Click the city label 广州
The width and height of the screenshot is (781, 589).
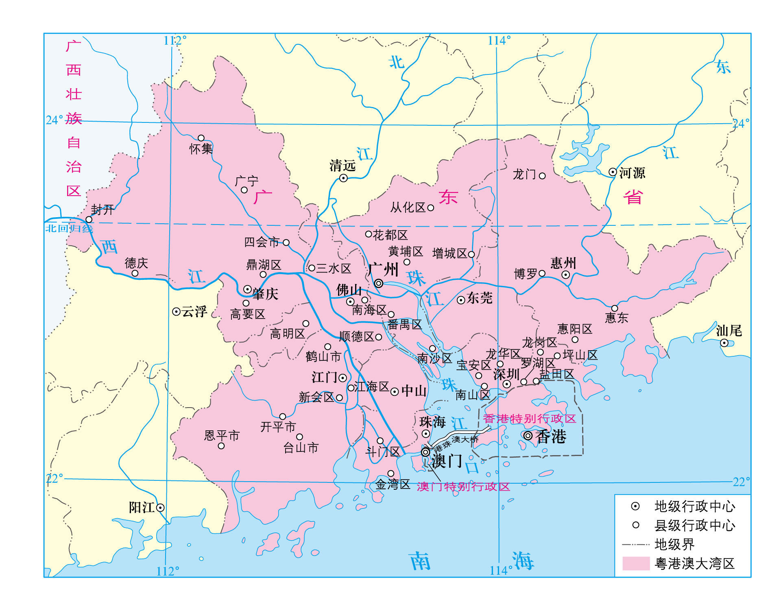coord(384,269)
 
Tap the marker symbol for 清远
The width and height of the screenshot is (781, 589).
coord(343,178)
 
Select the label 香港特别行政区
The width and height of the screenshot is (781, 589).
coord(529,419)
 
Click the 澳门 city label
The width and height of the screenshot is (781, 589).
coord(447,461)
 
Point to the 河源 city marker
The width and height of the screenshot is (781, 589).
coord(613,172)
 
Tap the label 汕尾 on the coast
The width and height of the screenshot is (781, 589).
coord(729,331)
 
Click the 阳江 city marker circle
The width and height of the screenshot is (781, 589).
coord(160,508)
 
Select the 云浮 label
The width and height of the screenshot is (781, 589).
coord(194,312)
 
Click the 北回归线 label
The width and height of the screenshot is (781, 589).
coord(68,228)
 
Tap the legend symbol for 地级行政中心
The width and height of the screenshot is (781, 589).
coord(635,506)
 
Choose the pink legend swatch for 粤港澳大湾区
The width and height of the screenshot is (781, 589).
coord(636,564)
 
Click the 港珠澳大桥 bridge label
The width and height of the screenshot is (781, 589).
coord(456,443)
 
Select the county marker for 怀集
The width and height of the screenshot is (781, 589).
coord(201,138)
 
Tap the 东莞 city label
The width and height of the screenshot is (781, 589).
coord(480,298)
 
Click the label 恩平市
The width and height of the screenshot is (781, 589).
coord(222,436)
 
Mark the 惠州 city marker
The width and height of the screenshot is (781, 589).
coord(565,275)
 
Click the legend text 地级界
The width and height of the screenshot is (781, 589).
coord(674,544)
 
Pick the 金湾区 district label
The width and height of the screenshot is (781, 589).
coord(393,484)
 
